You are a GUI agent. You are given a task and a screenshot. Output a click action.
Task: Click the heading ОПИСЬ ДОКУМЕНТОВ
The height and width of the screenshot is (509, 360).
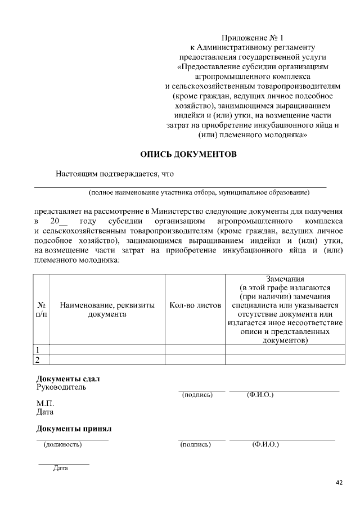[x=188, y=154]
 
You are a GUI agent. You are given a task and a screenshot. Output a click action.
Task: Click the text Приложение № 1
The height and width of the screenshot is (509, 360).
[x=246, y=38]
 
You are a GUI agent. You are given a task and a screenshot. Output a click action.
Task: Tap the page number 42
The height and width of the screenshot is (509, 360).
[x=339, y=483]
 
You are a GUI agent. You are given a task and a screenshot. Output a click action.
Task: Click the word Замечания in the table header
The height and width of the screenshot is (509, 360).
[x=285, y=278]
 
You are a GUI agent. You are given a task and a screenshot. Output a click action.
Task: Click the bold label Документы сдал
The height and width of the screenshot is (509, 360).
[x=68, y=379]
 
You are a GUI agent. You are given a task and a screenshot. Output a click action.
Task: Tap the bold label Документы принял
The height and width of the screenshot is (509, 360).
[x=74, y=429]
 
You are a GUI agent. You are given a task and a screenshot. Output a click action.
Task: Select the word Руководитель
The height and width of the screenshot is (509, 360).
[x=61, y=388]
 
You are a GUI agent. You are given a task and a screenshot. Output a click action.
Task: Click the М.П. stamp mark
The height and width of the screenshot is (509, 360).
[x=46, y=403]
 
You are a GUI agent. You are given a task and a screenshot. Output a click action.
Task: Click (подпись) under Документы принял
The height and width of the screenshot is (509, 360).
[x=196, y=445]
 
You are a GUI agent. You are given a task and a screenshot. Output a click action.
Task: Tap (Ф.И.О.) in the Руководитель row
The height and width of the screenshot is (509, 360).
[x=260, y=395]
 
